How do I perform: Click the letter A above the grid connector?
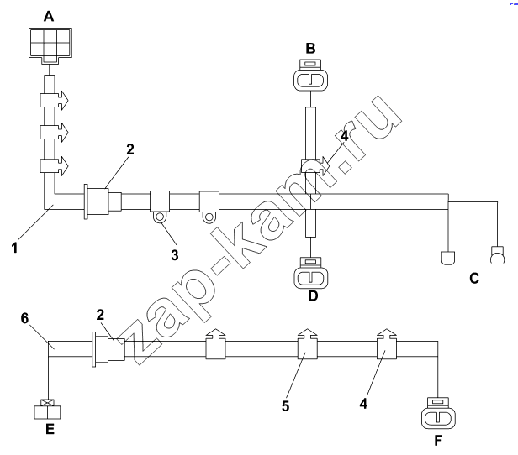click(49, 16)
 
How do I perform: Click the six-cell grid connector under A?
click(50, 45)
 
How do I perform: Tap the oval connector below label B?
click(310, 76)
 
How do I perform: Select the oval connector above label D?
click(311, 272)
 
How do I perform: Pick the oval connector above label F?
click(438, 413)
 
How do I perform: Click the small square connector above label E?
click(47, 409)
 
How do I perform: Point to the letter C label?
click(474, 279)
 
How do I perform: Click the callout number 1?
click(14, 248)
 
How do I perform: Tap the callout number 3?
click(175, 255)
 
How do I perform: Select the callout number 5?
click(285, 405)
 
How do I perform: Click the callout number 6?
click(24, 318)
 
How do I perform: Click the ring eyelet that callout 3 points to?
click(160, 217)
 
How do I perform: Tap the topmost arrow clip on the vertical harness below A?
click(54, 100)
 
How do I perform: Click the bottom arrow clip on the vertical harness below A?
click(54, 165)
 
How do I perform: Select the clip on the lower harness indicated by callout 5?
click(308, 343)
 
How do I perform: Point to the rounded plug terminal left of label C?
click(448, 258)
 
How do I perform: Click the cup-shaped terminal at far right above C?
click(498, 254)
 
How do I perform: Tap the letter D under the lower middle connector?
click(313, 296)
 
